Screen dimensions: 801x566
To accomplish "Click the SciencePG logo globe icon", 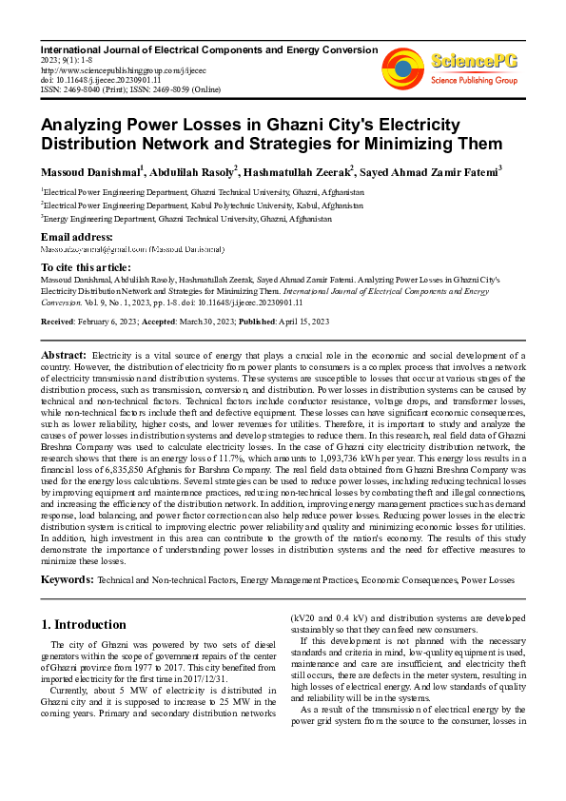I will pyautogui.click(x=403, y=65).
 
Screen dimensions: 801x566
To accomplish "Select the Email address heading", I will pyautogui.click(x=77, y=236).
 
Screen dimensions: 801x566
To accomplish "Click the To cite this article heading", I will pyautogui.click(x=87, y=269).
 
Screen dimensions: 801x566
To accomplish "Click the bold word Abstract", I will pyautogui.click(x=64, y=355).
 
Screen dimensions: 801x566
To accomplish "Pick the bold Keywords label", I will pyautogui.click(x=66, y=578).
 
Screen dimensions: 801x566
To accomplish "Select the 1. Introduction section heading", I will pyautogui.click(x=85, y=625).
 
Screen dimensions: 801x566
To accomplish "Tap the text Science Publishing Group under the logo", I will pyautogui.click(x=472, y=81).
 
